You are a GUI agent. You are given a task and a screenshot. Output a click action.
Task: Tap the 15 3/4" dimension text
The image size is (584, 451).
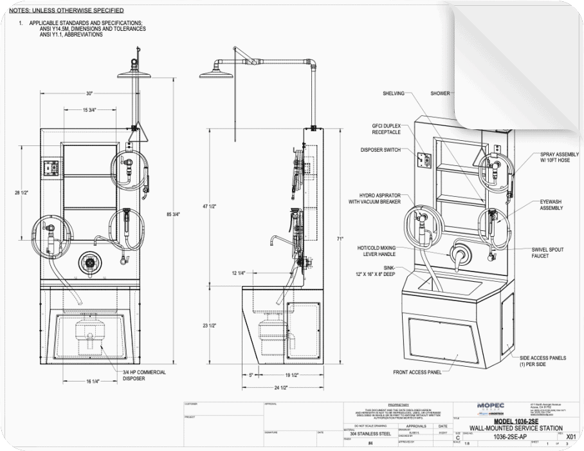[89, 110]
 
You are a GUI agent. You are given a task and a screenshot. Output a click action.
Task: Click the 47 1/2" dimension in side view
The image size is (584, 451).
[208, 207]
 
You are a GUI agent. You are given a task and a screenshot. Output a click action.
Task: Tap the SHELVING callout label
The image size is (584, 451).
[394, 93]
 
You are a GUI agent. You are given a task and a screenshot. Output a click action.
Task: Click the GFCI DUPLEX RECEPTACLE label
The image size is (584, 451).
[386, 129]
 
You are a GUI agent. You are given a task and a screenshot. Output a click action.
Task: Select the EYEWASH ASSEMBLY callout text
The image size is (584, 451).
[551, 205]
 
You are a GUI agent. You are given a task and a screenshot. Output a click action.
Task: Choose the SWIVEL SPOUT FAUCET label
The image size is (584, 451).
[549, 252]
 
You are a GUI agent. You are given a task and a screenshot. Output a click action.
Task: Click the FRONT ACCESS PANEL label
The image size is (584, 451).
[417, 372]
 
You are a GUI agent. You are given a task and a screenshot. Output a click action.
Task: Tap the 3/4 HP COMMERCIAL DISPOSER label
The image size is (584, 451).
[144, 375]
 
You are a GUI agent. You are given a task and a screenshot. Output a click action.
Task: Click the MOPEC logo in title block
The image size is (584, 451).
[491, 405]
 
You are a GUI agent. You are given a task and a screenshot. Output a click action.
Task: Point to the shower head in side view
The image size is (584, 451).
[215, 73]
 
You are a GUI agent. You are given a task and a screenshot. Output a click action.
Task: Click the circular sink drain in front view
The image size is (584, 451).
[88, 262]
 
